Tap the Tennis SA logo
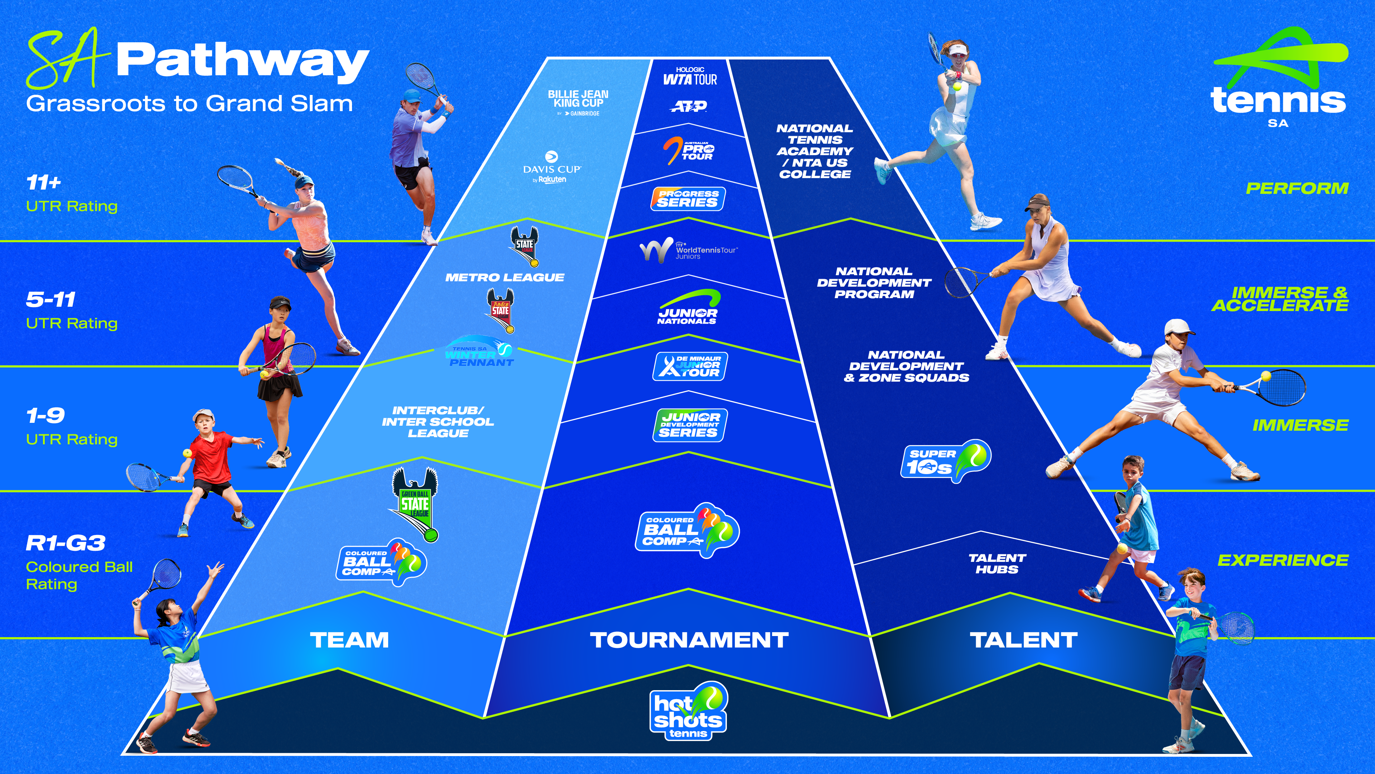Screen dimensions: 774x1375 (x=1278, y=80)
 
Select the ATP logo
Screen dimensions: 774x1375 (x=689, y=106)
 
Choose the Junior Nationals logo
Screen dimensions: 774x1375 (x=687, y=309)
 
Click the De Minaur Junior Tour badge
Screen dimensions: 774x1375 (x=690, y=367)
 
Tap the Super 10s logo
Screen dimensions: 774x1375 (x=945, y=461)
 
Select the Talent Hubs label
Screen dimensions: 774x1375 (x=997, y=564)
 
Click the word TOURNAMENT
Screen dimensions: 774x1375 (x=689, y=640)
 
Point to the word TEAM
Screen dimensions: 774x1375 (x=349, y=640)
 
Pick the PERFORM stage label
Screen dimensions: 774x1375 (x=1297, y=188)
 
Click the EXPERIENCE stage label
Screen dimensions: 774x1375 (x=1283, y=560)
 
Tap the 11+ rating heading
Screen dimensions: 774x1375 (x=44, y=183)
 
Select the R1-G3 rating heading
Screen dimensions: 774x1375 (x=66, y=543)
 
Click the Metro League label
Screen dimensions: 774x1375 (x=505, y=277)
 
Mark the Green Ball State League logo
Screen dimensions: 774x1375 (x=416, y=504)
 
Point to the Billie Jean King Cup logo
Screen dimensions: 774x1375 (x=578, y=101)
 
